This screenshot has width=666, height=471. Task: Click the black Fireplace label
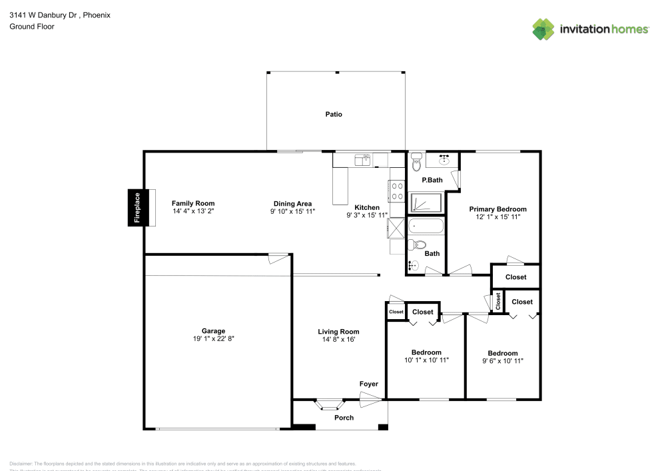pos(137,207)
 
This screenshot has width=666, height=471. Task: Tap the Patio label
pos(334,115)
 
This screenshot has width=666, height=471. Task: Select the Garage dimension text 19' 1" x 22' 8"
pos(213,338)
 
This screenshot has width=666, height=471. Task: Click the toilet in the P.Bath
pos(417,162)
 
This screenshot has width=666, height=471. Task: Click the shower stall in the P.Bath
pos(424,203)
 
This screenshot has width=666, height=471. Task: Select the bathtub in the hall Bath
pos(426,227)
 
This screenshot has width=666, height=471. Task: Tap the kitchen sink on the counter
pos(363,159)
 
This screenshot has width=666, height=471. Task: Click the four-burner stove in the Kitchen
pos(397,192)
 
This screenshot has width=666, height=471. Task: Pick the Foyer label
pos(368,384)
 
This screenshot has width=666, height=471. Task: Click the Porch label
pos(344,418)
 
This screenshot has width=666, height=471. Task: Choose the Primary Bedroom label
pos(498,209)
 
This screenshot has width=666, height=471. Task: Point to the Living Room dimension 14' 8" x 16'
pos(338,339)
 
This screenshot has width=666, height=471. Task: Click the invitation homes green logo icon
pos(543,29)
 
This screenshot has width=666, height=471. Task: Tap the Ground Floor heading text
pos(32,27)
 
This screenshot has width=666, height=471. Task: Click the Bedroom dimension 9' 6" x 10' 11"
pos(502,360)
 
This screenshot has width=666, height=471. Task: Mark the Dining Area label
pos(293,204)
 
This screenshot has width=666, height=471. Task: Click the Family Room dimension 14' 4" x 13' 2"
pos(193,211)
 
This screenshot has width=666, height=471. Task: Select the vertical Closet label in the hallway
pos(498,302)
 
